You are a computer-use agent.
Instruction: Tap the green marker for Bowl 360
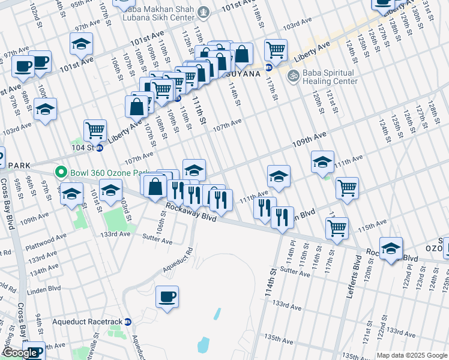[x=61, y=173]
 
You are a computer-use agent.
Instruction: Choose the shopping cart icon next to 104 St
[x=95, y=130]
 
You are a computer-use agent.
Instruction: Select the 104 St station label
[x=83, y=148]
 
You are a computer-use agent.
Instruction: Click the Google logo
[x=20, y=353]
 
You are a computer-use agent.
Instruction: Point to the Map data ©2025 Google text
[x=412, y=355]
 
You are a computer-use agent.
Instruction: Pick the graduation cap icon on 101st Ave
[x=81, y=43]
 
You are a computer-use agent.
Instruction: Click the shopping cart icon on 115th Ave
[x=337, y=228]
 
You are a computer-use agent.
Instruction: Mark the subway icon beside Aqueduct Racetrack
[x=127, y=322]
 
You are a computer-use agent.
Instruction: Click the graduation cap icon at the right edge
[x=391, y=248]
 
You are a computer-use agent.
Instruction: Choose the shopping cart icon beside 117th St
[x=276, y=50]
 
